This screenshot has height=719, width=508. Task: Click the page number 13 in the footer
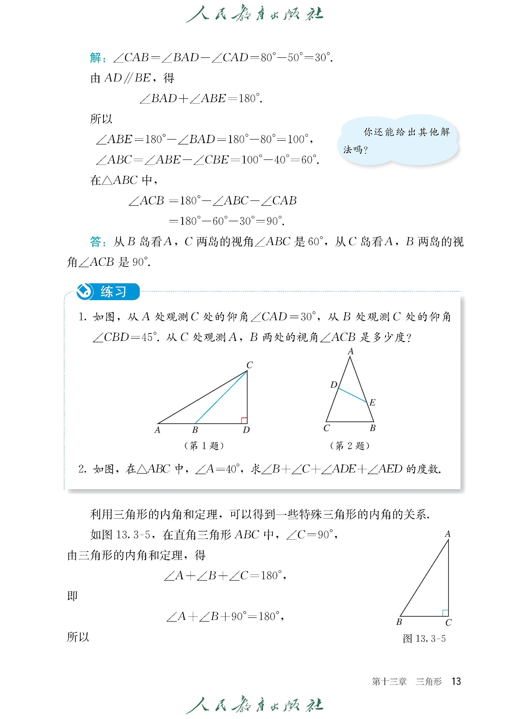pos(456,681)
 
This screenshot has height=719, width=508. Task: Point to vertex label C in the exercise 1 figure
pos(249,365)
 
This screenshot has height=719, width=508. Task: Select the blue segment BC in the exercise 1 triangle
pos(221,397)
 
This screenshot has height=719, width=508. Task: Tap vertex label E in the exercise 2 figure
pos(372,402)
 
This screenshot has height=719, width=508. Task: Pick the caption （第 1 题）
pos(204,446)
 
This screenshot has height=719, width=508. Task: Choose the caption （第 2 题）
pos(350,446)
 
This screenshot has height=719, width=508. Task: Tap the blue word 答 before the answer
pos(95,242)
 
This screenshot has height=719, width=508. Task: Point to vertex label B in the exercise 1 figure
pos(195,430)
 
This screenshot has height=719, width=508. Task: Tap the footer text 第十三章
pos(389,681)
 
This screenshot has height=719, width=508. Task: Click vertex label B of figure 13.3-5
pos(399,622)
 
